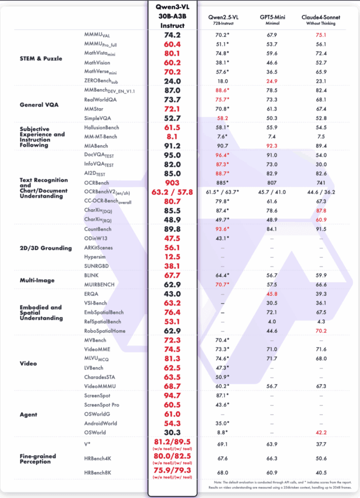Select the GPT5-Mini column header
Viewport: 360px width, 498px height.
[272, 17]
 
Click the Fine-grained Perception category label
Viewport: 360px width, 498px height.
[37, 459]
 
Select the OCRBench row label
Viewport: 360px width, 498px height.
[98, 183]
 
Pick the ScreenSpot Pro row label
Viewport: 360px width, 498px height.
[102, 405]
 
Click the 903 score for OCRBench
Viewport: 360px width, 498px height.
[172, 183]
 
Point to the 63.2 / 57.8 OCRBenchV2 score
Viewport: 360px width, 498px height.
[172, 192]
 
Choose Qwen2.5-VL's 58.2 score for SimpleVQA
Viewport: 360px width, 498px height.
[221, 118]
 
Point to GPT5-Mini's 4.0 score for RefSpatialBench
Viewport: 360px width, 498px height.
[272, 321]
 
